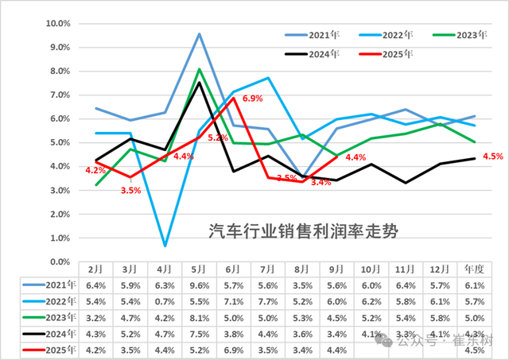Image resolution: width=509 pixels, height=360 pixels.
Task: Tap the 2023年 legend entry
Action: (467, 35)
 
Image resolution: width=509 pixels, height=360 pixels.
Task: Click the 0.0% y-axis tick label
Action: (60, 262)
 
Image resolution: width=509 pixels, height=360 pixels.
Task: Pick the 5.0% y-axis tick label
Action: (60, 143)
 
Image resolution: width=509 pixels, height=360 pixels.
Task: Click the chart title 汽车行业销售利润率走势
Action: (302, 232)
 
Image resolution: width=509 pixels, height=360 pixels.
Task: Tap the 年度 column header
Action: (475, 270)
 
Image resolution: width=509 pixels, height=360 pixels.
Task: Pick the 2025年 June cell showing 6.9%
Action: (234, 350)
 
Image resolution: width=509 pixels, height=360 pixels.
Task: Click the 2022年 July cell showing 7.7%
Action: (268, 302)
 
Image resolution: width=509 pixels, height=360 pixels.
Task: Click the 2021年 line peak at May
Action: (199, 33)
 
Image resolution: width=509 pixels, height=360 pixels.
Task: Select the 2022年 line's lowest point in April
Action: (165, 246)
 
